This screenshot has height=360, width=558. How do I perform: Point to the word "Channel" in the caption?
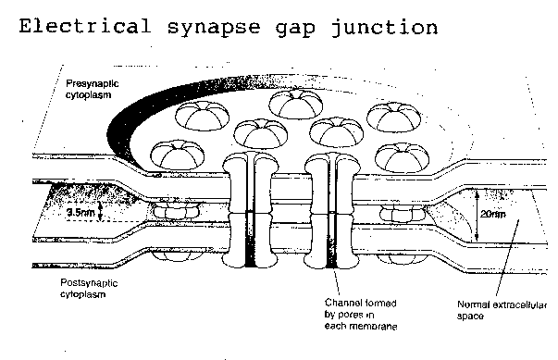[x=341, y=302]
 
